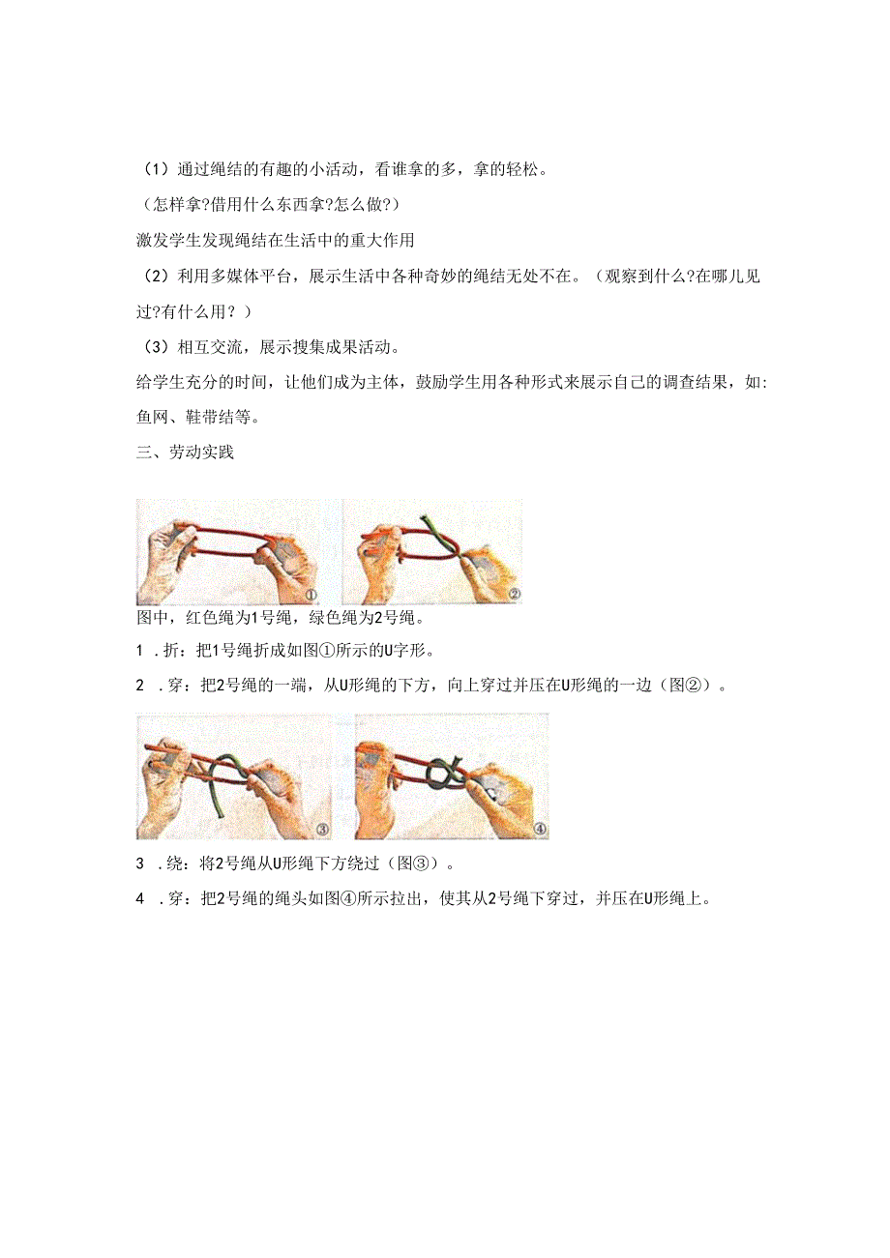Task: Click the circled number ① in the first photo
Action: (311, 595)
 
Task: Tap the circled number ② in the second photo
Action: (514, 595)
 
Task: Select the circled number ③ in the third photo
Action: (322, 829)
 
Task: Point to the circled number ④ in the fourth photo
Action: (540, 829)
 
